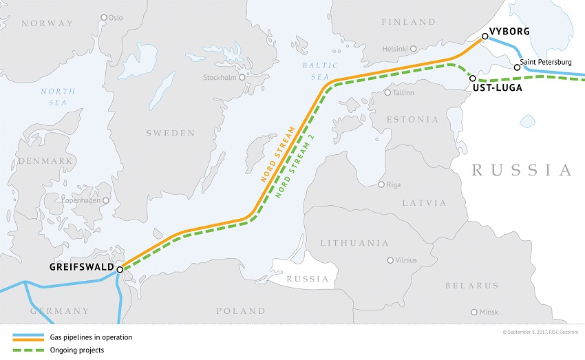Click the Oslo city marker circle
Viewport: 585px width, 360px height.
pos(104,17)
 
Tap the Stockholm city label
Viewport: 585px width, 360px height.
pos(219,78)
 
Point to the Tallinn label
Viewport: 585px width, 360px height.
pos(403,92)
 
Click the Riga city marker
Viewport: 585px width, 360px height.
pos(382,184)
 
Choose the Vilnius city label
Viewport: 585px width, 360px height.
pos(406,260)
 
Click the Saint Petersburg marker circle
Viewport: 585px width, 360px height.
pos(516,67)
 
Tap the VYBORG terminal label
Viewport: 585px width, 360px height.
pos(510,32)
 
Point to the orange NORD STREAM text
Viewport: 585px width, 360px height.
pos(277,153)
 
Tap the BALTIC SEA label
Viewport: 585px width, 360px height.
pos(321,71)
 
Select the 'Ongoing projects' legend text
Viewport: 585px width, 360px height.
pos(78,350)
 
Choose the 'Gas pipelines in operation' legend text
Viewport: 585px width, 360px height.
pos(90,337)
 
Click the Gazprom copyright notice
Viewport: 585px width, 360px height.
pos(543,332)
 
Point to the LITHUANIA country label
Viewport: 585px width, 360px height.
pos(354,243)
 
